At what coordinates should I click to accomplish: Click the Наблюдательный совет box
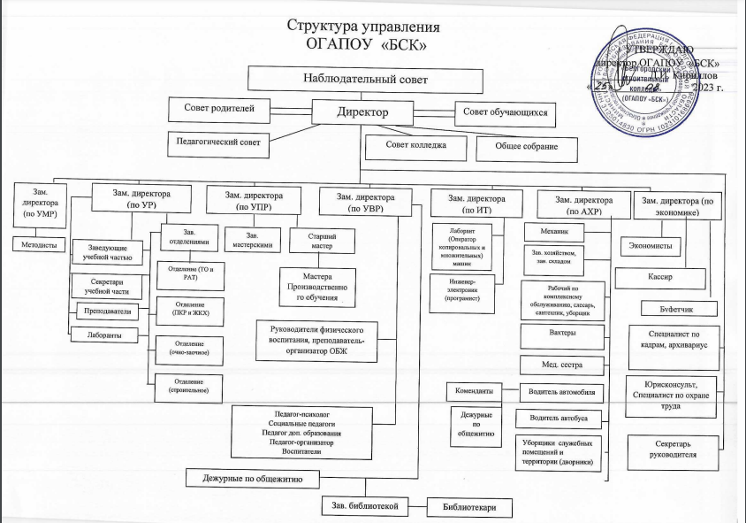365,80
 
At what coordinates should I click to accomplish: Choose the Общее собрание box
526,147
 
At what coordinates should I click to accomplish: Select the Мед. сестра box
562,364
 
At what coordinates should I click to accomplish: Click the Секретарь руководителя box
670,449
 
